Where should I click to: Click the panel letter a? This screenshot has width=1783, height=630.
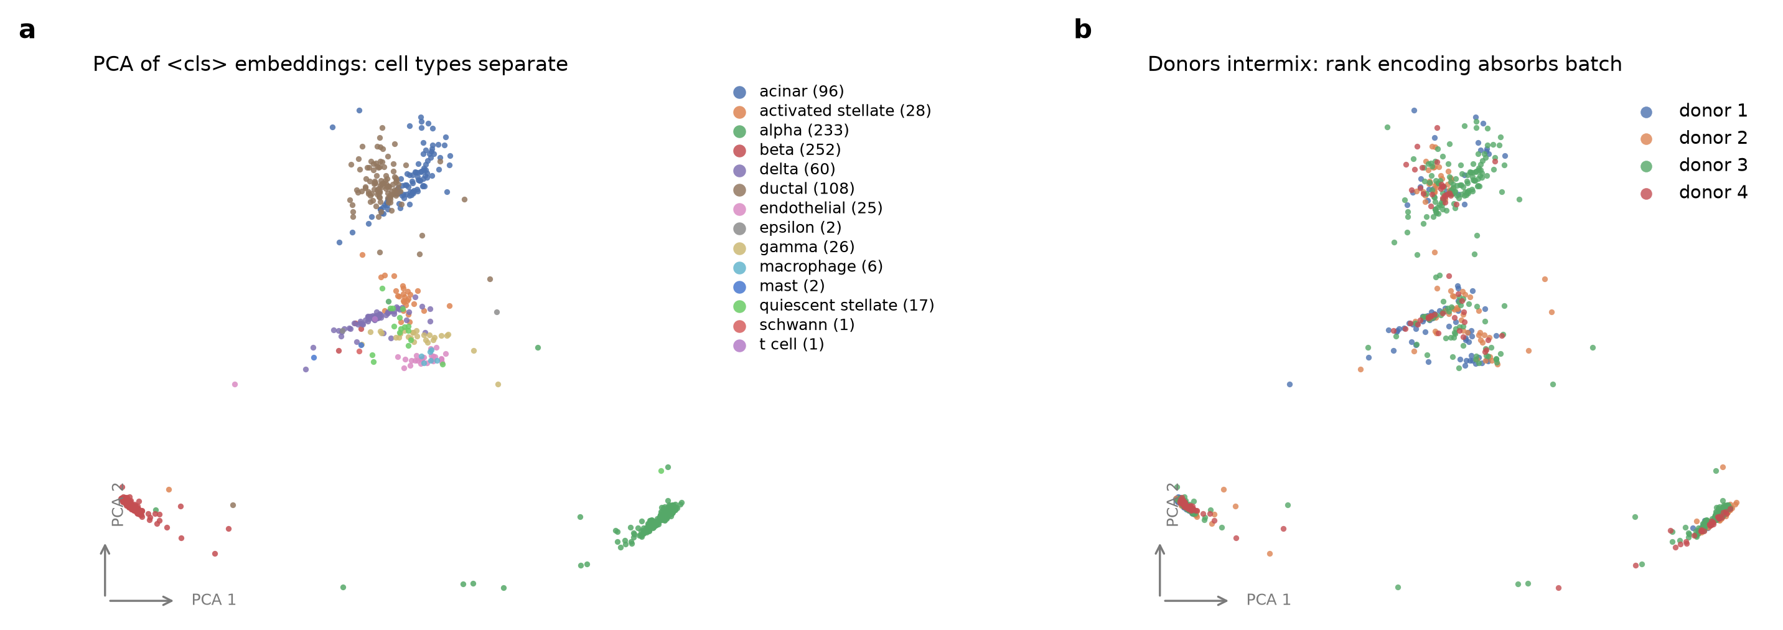(27, 30)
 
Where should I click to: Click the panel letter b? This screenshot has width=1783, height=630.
(1082, 29)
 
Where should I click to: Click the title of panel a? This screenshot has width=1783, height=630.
(330, 63)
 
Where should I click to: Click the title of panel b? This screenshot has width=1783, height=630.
(1384, 63)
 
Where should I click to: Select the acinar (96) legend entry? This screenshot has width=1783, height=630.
(789, 92)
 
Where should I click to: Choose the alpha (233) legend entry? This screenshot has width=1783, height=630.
(791, 130)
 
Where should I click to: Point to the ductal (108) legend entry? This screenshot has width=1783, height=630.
(794, 188)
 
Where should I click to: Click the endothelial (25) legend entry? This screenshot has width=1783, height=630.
(808, 208)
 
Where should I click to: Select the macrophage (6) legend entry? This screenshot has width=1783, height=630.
(808, 266)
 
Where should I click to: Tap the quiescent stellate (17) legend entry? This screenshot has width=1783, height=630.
(833, 305)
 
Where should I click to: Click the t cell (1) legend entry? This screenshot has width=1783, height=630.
(779, 344)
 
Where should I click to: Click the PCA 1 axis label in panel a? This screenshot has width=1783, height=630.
(214, 599)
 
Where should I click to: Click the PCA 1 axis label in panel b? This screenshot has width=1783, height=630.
(1269, 599)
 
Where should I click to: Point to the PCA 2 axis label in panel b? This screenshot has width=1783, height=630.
(1172, 504)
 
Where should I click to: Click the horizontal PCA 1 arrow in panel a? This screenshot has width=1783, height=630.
(141, 600)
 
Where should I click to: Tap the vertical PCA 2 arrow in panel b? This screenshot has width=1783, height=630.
(1160, 570)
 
